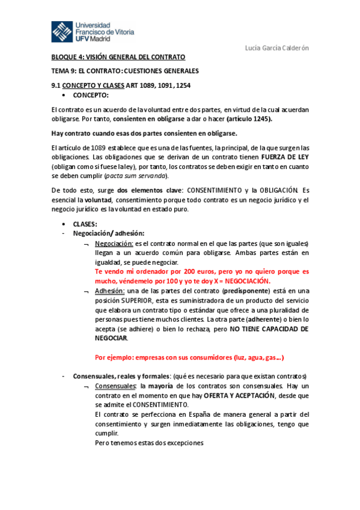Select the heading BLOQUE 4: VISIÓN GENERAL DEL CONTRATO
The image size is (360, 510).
(118, 57)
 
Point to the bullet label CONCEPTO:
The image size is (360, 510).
(91, 95)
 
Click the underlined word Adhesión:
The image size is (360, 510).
(109, 290)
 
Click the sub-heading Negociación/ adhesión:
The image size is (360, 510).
(108, 233)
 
